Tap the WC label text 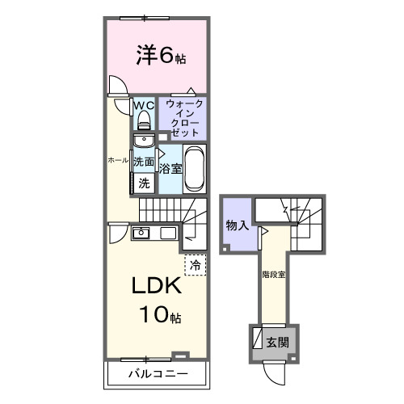(143, 105)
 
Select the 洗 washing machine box (144, 183)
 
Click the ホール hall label (118, 161)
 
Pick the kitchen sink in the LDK (141, 234)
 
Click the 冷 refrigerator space (196, 263)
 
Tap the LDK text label (156, 288)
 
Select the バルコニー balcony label (158, 374)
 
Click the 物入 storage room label (236, 225)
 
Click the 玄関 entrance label (278, 342)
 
